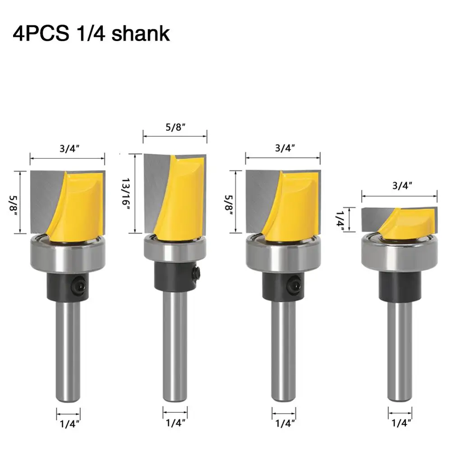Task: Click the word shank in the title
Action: [x=141, y=34]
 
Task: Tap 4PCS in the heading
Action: [x=41, y=34]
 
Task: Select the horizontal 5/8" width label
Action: [x=175, y=127]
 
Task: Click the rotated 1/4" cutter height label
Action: [x=340, y=221]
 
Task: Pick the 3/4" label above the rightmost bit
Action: [x=402, y=186]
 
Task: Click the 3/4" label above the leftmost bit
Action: [x=69, y=149]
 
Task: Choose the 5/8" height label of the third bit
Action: [x=229, y=204]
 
